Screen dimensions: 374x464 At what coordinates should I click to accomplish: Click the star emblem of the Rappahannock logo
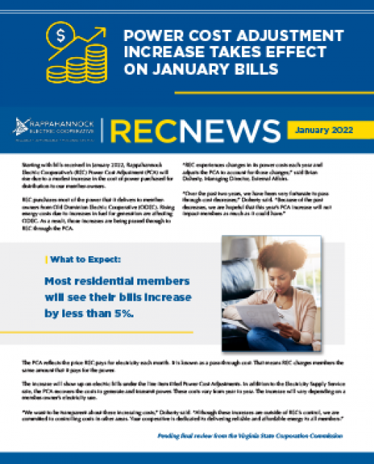pyautogui.click(x=18, y=127)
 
